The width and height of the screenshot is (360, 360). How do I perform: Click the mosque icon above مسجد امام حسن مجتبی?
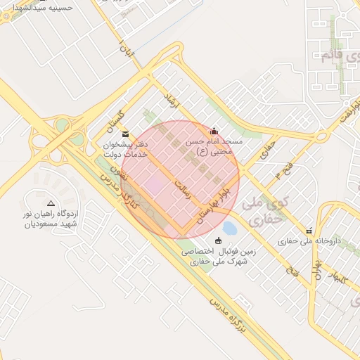click(x=214, y=131)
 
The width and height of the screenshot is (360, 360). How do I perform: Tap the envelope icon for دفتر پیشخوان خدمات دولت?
click(x=125, y=134)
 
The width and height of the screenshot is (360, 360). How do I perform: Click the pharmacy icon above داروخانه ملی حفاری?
click(x=309, y=231)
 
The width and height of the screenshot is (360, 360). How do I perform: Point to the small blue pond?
click(x=229, y=228)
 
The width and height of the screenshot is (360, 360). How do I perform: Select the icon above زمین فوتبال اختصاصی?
click(x=217, y=241)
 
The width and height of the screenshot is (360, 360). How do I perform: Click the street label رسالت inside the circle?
click(x=182, y=191)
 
